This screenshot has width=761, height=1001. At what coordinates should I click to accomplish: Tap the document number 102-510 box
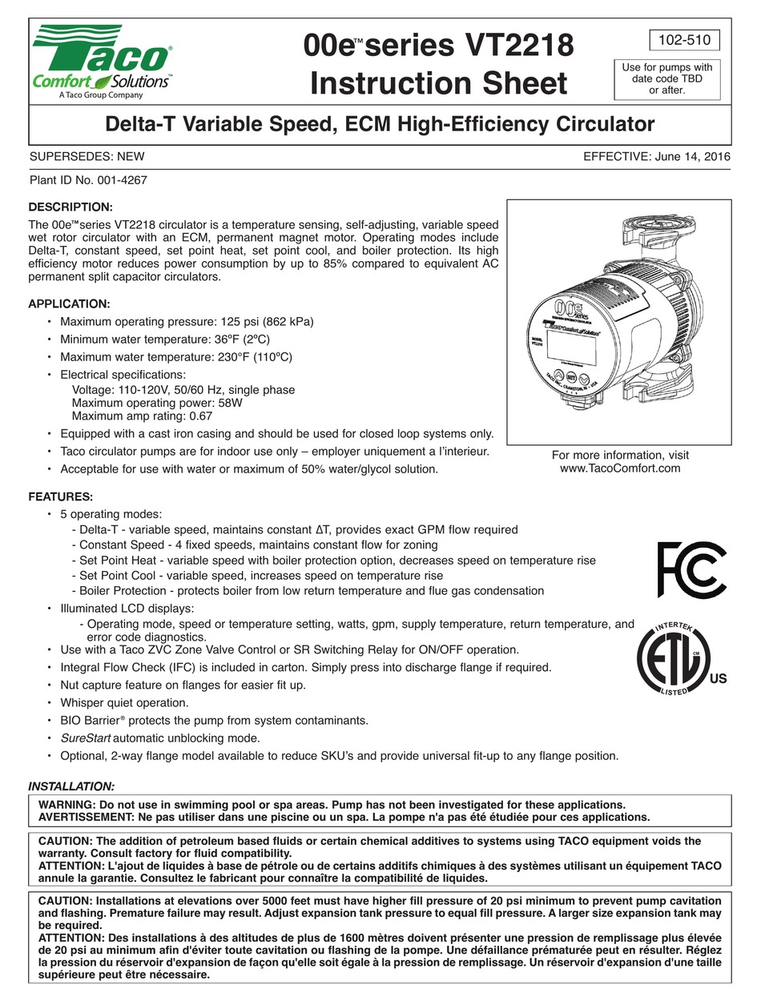tap(682, 40)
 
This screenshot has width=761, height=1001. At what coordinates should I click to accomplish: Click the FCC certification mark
tap(691, 570)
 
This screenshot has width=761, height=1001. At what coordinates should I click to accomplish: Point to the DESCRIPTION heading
tap(70, 207)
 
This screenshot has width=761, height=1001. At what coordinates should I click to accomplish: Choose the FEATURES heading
tap(61, 496)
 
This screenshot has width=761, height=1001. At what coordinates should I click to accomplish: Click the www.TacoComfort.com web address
tap(620, 468)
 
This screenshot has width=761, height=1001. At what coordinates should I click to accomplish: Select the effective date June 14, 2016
tap(692, 157)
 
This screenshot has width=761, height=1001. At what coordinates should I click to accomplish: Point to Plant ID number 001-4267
tap(119, 180)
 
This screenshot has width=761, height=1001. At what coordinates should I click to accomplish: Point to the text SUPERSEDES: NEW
tap(87, 157)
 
